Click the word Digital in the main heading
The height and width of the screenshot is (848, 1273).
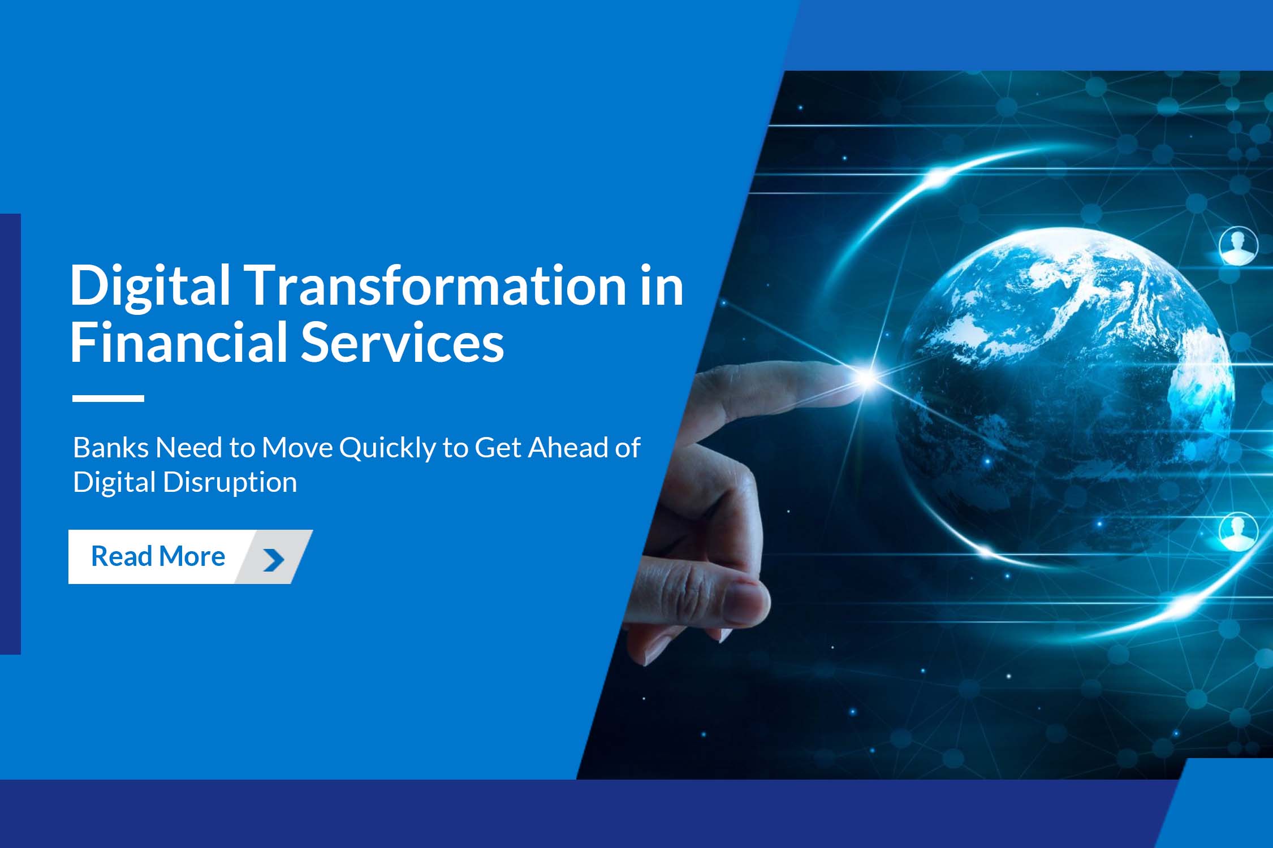click(x=150, y=287)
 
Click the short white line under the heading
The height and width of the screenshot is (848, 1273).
click(x=108, y=399)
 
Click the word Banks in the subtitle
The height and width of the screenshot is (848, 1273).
click(x=110, y=448)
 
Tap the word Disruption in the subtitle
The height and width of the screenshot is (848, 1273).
click(x=230, y=483)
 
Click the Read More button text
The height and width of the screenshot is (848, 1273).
click(x=158, y=556)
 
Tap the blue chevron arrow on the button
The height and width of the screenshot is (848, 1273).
click(x=274, y=560)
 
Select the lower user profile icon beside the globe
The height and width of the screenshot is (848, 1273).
click(x=1238, y=531)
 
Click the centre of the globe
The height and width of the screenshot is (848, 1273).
click(x=1063, y=390)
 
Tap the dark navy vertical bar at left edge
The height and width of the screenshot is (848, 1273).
click(x=10, y=434)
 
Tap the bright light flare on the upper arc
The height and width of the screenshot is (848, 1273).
click(x=936, y=177)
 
